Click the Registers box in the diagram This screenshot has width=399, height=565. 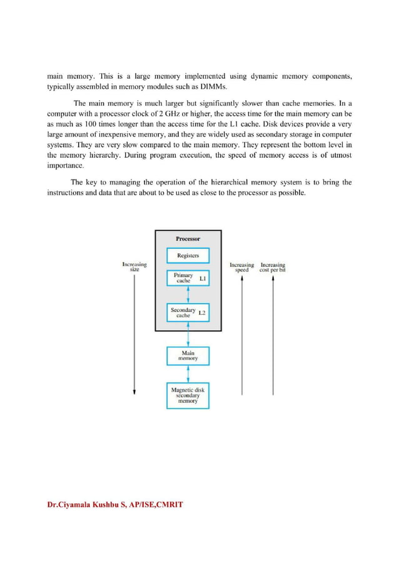188,255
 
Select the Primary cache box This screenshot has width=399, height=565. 188,278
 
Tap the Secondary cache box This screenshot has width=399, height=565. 188,312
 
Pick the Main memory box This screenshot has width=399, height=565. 188,356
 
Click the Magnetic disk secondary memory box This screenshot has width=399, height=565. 188,395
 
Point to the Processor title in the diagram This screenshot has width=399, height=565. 188,238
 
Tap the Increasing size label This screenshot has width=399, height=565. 134,267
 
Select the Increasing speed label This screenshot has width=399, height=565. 242,267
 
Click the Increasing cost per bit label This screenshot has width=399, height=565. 273,267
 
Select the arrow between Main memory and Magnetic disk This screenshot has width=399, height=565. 188,374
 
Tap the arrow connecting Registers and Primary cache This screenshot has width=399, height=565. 188,266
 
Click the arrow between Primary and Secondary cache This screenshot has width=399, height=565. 188,295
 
